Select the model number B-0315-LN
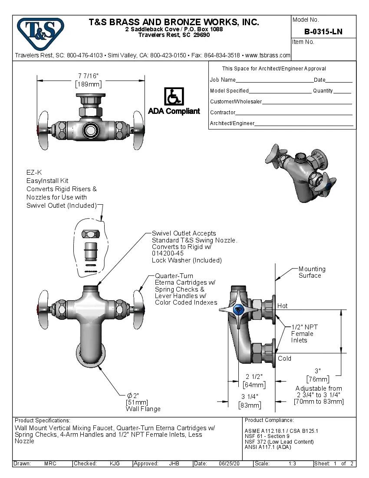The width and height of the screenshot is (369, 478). [x=323, y=32]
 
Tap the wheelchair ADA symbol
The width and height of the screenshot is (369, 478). [x=174, y=96]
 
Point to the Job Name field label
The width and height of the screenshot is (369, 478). [x=223, y=80]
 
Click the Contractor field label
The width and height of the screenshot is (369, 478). [x=223, y=113]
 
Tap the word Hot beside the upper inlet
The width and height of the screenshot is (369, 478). [x=283, y=306]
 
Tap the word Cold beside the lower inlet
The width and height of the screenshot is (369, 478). [x=284, y=358]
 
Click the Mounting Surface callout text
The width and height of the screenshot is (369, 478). [x=311, y=272]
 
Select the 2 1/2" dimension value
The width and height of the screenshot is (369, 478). [x=254, y=376]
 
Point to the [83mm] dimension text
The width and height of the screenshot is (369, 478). [x=250, y=405]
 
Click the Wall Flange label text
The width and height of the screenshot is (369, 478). [x=143, y=409]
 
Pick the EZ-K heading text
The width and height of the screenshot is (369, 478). [x=34, y=173]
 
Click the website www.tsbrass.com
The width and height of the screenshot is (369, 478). [x=267, y=55]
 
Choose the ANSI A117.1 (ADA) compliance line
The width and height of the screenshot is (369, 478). [x=268, y=447]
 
